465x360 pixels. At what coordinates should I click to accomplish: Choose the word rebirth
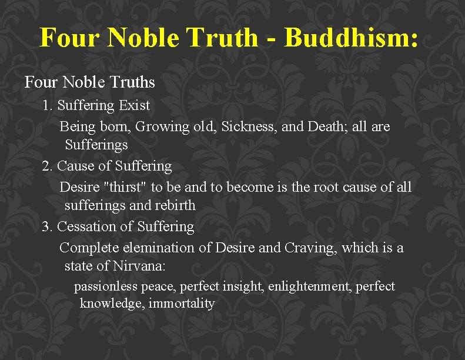tap(175, 206)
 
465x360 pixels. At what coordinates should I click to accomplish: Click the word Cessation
tap(88, 226)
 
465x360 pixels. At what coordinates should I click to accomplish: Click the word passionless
tap(105, 287)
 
